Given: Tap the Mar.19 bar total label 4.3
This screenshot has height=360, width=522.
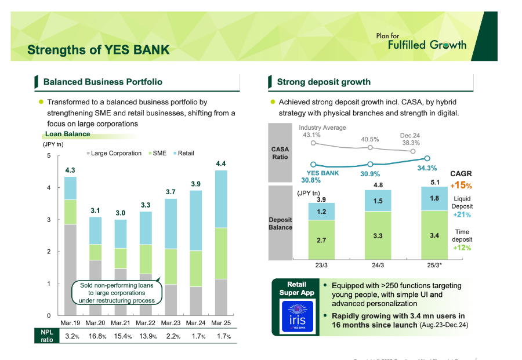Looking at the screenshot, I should (70, 170).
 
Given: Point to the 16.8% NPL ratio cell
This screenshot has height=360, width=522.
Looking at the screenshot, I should (96, 336).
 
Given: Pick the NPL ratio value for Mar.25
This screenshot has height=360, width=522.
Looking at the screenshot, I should (220, 336).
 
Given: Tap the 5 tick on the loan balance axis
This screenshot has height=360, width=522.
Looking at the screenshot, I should (49, 156).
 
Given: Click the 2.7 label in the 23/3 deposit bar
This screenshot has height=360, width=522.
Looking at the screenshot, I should (321, 239).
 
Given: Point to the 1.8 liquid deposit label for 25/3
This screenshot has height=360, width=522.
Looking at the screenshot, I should (434, 198).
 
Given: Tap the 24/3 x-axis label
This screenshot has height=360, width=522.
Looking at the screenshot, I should (378, 266).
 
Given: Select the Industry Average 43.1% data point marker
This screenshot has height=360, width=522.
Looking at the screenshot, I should (313, 143).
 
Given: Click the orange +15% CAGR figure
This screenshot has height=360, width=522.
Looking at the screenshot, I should (461, 186).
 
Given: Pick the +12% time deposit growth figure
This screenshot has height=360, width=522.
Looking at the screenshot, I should (462, 248).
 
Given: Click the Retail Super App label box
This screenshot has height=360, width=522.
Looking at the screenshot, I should (300, 289).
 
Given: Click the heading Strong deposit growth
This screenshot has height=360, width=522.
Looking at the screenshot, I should (324, 82).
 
